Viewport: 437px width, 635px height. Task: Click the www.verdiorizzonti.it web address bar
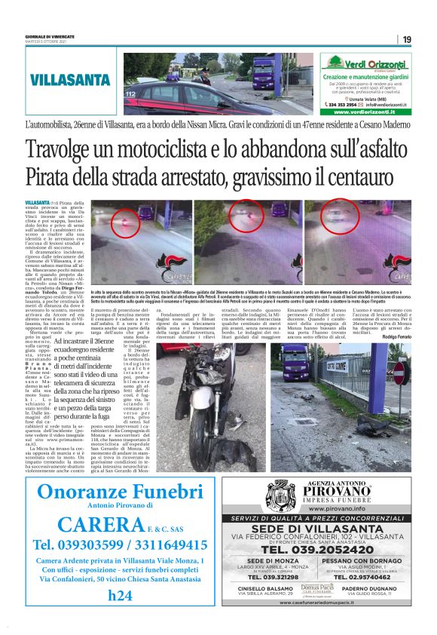(x=365, y=112)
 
